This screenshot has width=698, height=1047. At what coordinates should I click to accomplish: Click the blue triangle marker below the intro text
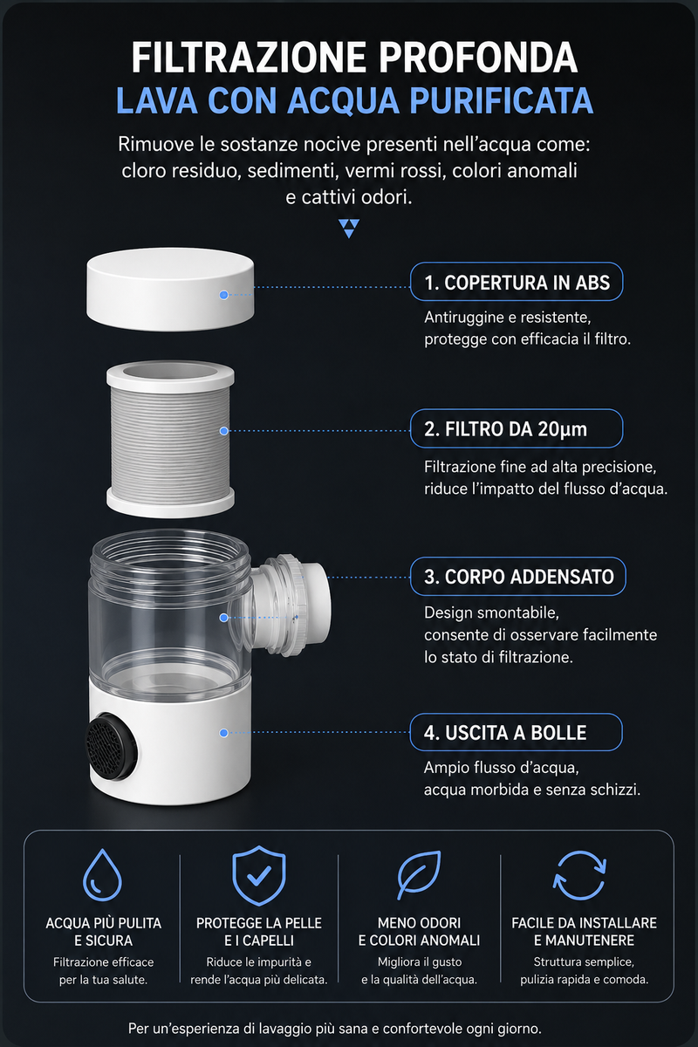(349, 229)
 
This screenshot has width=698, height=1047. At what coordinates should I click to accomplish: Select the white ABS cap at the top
(170, 290)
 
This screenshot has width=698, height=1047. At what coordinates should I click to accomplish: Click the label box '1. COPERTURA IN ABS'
(517, 282)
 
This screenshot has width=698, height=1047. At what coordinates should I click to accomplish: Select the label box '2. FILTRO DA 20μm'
(517, 428)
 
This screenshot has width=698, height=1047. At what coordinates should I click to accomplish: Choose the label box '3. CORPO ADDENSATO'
(518, 577)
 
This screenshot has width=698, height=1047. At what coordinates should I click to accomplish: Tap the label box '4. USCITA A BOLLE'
(517, 732)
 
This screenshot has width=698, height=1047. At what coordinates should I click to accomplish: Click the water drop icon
(102, 874)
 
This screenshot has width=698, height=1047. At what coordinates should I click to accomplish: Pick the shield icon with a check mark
(258, 874)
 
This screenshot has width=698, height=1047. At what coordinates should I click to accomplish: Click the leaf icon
(419, 874)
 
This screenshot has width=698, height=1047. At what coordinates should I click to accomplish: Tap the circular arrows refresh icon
(579, 875)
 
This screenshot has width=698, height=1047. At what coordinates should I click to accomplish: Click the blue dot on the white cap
(224, 295)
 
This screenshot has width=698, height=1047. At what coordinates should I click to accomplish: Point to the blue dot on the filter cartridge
(224, 431)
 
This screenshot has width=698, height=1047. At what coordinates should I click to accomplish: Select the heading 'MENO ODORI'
(420, 923)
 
